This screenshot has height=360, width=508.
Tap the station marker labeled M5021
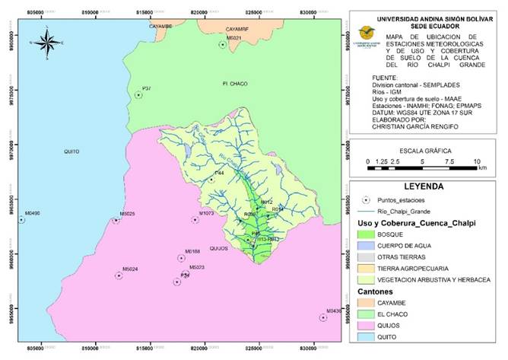click(223, 45)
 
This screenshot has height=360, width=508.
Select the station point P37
click(138, 95)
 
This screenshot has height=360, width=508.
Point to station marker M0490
click(21, 220)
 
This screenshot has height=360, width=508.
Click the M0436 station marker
click(323, 317)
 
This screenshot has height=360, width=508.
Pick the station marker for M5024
click(119, 276)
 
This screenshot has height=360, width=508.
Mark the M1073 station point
click(195, 220)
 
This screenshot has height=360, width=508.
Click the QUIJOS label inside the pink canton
click(197, 249)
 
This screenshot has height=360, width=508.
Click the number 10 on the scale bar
click(477, 162)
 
